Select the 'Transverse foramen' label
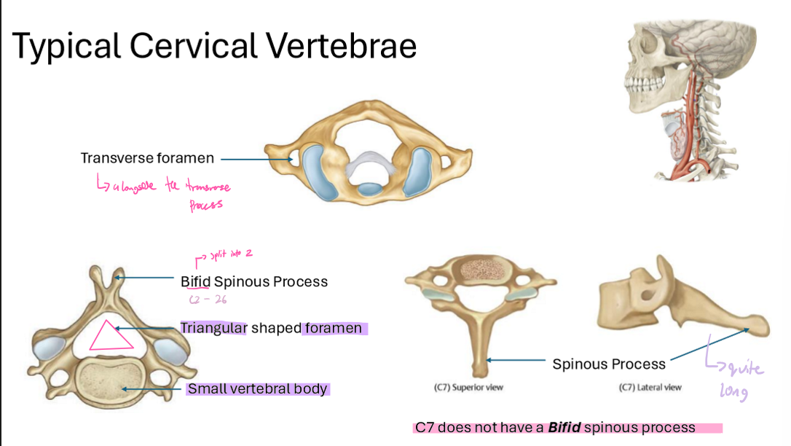point(147,158)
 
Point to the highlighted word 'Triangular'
point(214,328)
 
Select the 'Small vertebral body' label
point(257,389)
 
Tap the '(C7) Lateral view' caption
point(650,388)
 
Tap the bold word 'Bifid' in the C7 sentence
point(564,428)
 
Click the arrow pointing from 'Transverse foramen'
point(256,158)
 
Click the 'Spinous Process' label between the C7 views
point(609,364)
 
